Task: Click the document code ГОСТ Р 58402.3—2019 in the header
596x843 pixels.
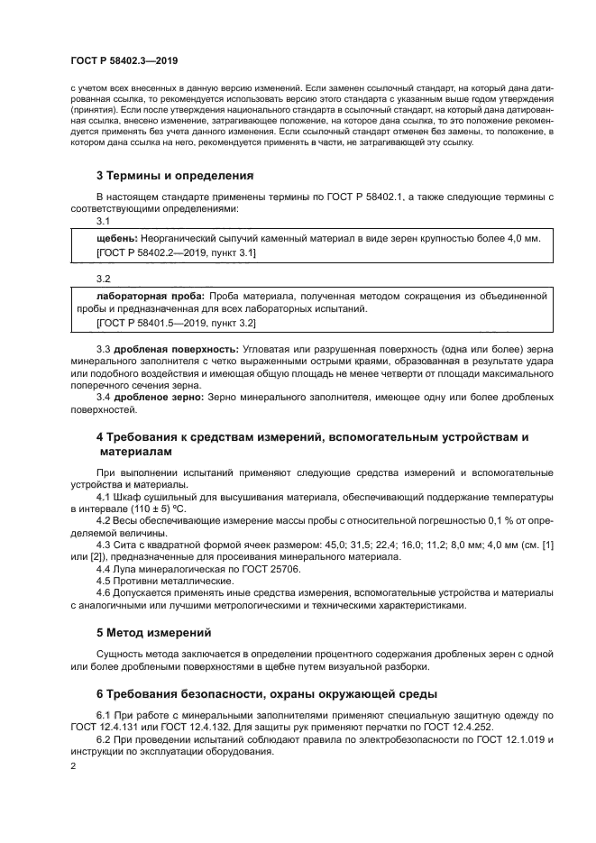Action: [124, 60]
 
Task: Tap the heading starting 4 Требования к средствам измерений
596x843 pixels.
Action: [311, 437]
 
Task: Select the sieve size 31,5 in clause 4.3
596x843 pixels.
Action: [320, 545]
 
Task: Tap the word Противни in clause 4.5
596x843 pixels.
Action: [137, 582]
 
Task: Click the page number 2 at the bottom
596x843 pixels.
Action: [74, 766]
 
